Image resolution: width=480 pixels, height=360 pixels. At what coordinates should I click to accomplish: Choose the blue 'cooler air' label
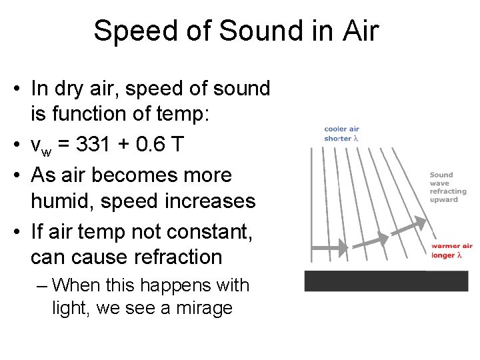pos(341,129)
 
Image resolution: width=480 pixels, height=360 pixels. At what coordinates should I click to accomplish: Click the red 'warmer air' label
pos(451,246)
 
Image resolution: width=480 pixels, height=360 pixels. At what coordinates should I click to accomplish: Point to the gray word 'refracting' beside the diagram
pos(448,191)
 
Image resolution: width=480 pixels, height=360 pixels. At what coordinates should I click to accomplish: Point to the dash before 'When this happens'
pos(42,285)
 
